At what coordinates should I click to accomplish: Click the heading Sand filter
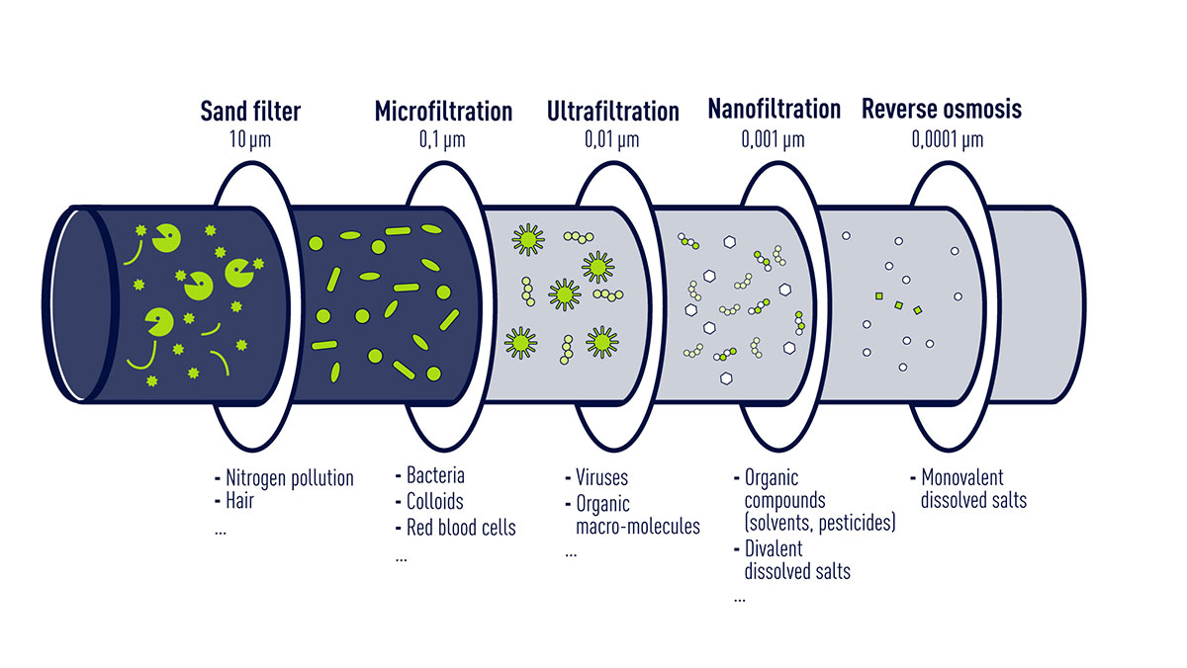250,111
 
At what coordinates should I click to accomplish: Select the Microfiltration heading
443,111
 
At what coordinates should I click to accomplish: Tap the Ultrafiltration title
612,111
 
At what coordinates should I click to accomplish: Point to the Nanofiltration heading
774,109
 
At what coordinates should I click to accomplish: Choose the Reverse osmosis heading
941,109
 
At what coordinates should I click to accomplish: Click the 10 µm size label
250,139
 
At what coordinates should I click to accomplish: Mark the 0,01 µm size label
612,139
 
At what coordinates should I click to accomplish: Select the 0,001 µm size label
774,139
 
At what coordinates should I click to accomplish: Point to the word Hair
239,501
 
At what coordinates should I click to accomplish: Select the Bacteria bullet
435,476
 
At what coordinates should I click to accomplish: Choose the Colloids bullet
434,502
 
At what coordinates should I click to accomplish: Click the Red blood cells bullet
460,528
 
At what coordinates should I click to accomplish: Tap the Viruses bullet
601,478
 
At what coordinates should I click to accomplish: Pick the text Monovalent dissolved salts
973,489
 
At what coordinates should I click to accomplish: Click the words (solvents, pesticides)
819,524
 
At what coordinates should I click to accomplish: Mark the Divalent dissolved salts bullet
796,560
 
